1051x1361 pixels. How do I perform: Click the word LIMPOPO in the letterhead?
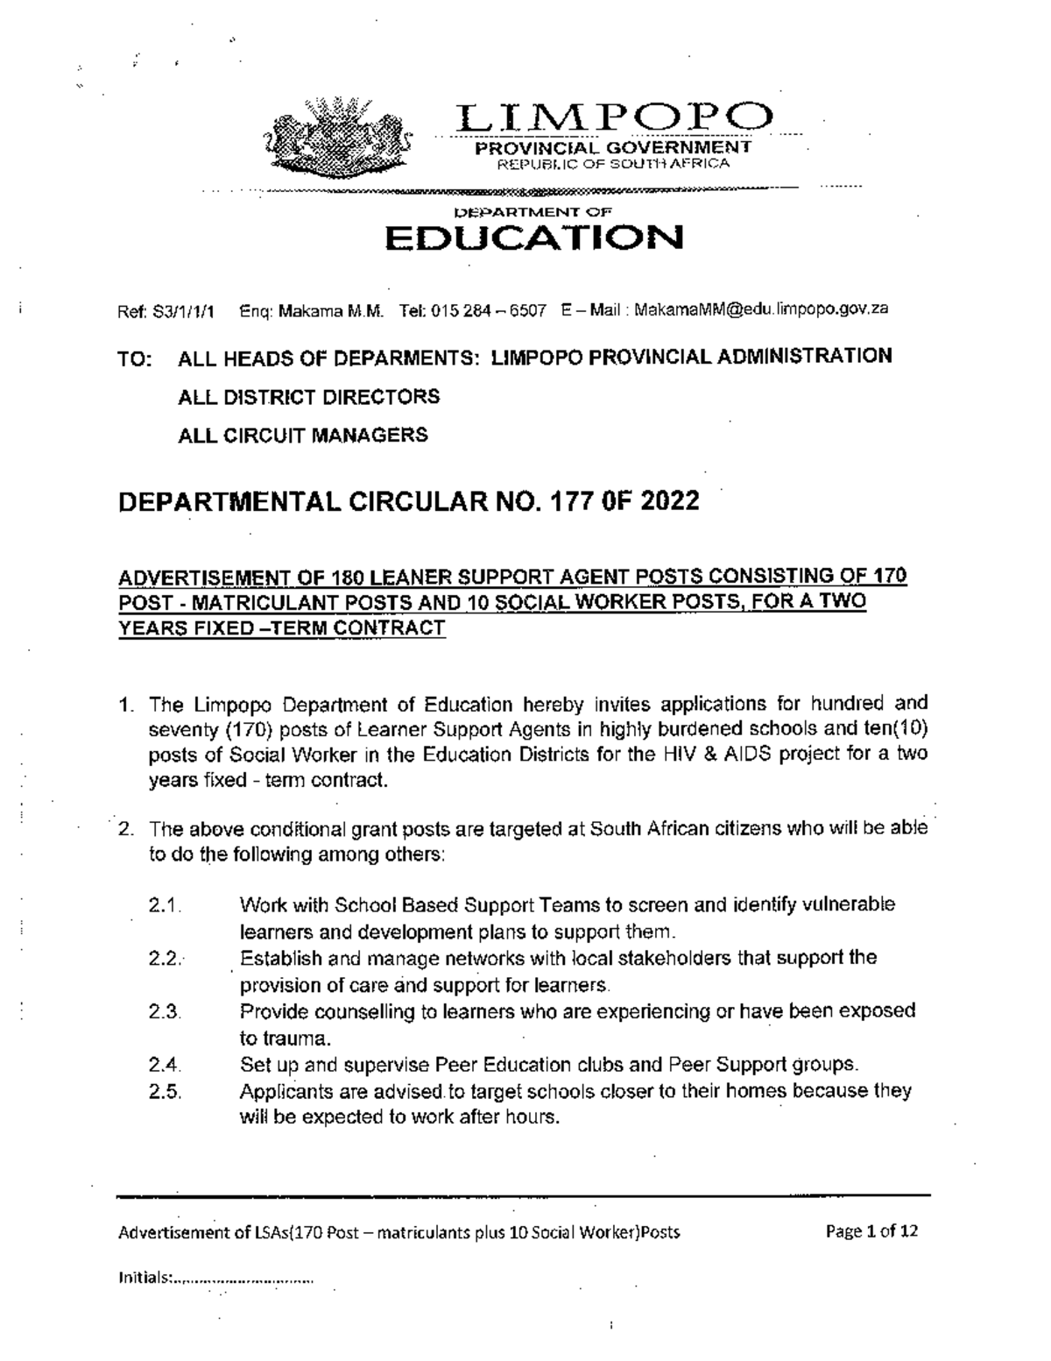point(616,119)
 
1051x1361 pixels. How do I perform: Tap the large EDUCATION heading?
point(535,237)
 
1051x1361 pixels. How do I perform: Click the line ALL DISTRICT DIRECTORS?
point(308,397)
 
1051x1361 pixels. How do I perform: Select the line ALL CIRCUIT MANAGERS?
point(302,435)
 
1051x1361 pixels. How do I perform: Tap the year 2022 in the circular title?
point(670,500)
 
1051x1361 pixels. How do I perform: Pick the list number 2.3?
point(165,1012)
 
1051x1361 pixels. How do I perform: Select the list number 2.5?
point(165,1092)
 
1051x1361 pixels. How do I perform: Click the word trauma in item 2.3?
point(285,1039)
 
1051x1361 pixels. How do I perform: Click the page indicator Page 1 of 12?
point(871,1231)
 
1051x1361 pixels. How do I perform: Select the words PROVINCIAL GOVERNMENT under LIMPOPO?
point(612,148)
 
